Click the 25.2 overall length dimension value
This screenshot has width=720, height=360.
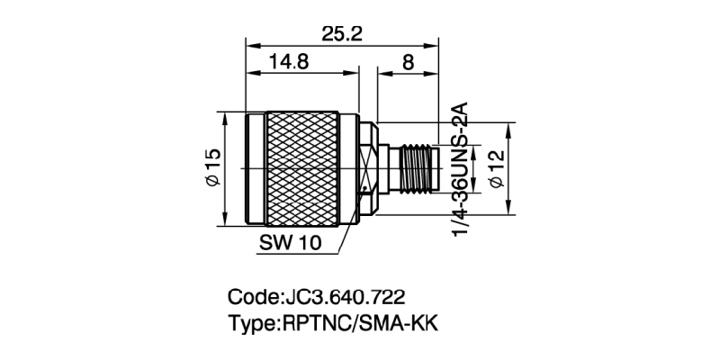[x=343, y=33]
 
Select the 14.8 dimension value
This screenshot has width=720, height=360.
[x=289, y=62]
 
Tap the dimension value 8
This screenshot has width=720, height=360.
[x=408, y=62]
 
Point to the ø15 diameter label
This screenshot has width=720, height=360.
[x=212, y=168]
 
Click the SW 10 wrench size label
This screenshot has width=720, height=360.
[x=290, y=242]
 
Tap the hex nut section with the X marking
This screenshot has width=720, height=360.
[x=368, y=168]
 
